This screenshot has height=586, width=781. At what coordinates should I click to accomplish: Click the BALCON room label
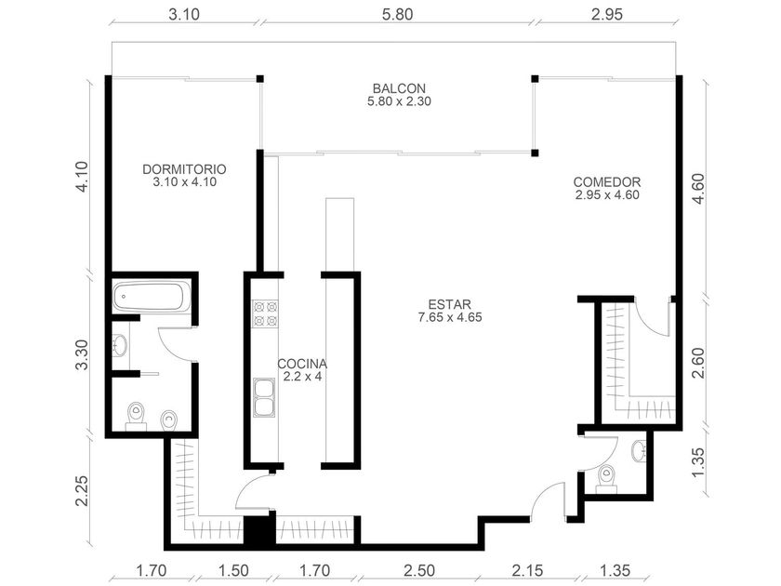pos(399,88)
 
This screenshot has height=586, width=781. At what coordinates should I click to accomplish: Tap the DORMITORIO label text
pos(184,169)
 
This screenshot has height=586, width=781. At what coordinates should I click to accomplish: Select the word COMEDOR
pos(606,182)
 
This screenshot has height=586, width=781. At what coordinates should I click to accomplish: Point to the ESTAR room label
pos(450,304)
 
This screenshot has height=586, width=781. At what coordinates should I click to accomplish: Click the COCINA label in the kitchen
pos(302,364)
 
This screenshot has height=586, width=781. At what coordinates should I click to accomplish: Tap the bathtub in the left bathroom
pos(152,298)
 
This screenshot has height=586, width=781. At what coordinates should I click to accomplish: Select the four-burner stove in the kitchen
pos(265,313)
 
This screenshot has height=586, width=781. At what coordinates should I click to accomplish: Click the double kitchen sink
pos(264,398)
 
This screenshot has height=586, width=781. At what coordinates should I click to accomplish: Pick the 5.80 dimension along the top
pos(398,15)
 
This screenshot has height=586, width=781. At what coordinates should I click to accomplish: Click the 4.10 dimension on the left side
pos(82,176)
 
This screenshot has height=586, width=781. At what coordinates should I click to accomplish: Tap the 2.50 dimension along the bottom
pos(419,569)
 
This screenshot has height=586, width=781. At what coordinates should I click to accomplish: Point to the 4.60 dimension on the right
pos(698,188)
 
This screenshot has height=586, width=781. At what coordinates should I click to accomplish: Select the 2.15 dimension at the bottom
pos(527,569)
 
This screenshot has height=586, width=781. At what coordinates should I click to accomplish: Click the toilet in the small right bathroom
pos(607,479)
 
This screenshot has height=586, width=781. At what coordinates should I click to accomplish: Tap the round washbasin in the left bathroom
pos(120,345)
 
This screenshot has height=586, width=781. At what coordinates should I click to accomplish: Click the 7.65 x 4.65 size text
pos(450,317)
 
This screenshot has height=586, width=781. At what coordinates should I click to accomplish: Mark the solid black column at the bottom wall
pos(259,532)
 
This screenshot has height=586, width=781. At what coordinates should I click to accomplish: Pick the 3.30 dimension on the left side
pos(82,354)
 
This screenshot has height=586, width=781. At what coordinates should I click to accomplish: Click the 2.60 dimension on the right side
pos(698,363)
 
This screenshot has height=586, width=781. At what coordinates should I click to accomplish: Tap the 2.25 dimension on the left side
pos(82,491)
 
